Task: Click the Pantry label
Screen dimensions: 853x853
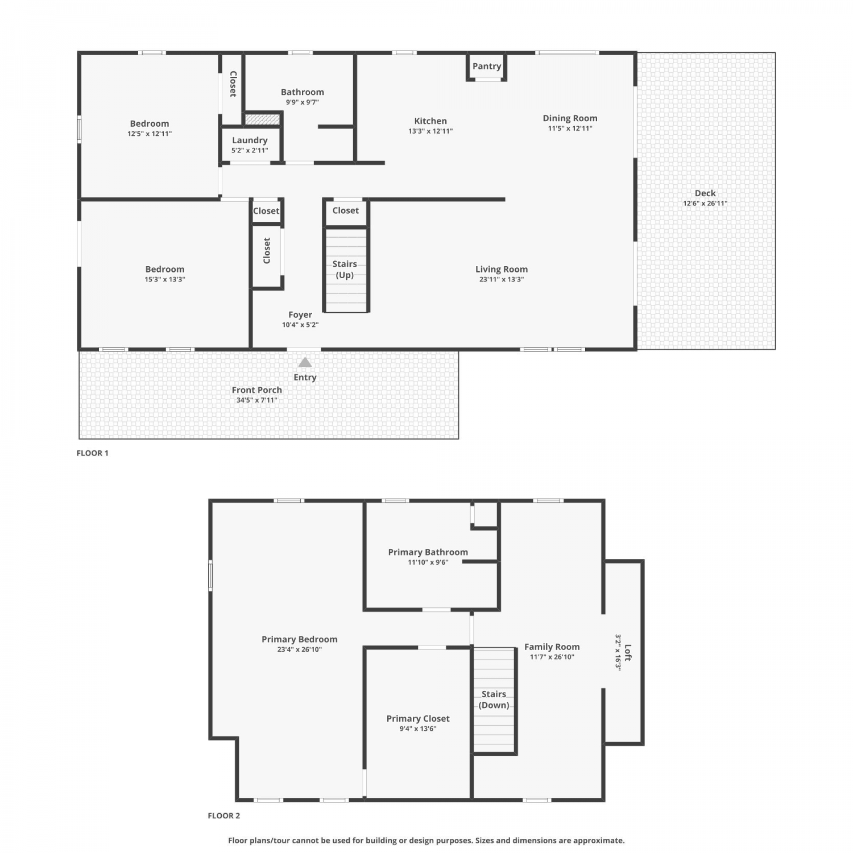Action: pyautogui.click(x=487, y=66)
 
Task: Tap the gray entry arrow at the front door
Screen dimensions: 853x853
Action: pyautogui.click(x=305, y=362)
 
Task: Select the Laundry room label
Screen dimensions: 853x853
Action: pyautogui.click(x=250, y=140)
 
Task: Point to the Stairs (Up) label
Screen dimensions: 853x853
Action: pyautogui.click(x=345, y=270)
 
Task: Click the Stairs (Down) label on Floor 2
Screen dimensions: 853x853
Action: pyautogui.click(x=494, y=699)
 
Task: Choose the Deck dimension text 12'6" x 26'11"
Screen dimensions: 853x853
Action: pyautogui.click(x=705, y=204)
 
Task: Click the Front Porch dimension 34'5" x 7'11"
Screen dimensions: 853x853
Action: pyautogui.click(x=257, y=400)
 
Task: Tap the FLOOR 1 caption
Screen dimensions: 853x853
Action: pyautogui.click(x=92, y=453)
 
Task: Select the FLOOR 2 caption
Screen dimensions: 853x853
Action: pyautogui.click(x=223, y=816)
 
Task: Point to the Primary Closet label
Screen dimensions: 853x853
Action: pyautogui.click(x=418, y=719)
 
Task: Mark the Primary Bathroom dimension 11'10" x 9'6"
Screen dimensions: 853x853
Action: pyautogui.click(x=428, y=562)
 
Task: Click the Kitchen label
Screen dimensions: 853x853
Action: pyautogui.click(x=430, y=121)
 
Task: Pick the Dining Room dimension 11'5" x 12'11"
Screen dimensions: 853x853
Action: pyautogui.click(x=570, y=129)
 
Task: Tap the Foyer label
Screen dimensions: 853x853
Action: pyautogui.click(x=300, y=314)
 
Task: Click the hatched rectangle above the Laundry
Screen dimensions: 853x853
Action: pyautogui.click(x=262, y=119)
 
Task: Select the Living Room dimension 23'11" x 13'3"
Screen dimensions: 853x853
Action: pyautogui.click(x=501, y=279)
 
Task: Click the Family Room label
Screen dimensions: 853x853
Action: pyautogui.click(x=552, y=647)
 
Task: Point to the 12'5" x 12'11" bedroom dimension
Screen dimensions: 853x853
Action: pyautogui.click(x=150, y=134)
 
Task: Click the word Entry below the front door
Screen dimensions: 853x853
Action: pyautogui.click(x=305, y=377)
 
